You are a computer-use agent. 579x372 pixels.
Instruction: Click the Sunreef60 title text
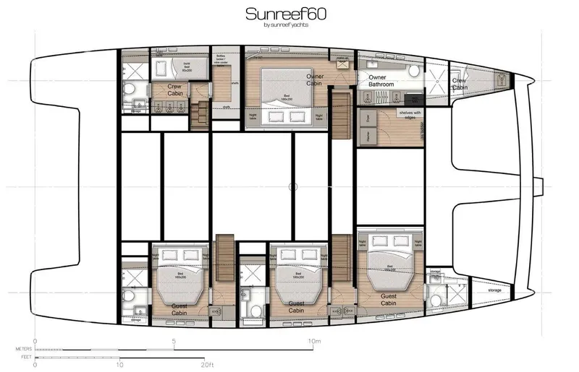[289, 14]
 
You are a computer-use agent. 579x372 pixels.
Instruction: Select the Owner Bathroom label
[381, 81]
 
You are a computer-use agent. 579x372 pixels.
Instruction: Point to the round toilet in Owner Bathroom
[415, 69]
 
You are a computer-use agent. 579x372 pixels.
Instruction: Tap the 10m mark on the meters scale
[313, 341]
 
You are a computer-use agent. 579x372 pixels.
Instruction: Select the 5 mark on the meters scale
[174, 341]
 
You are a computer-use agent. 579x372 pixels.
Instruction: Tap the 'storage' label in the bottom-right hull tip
[494, 290]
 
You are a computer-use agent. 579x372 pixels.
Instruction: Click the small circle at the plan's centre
[293, 187]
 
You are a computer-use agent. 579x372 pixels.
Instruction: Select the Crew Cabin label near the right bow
[460, 85]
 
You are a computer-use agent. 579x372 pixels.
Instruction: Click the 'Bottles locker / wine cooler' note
[223, 61]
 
